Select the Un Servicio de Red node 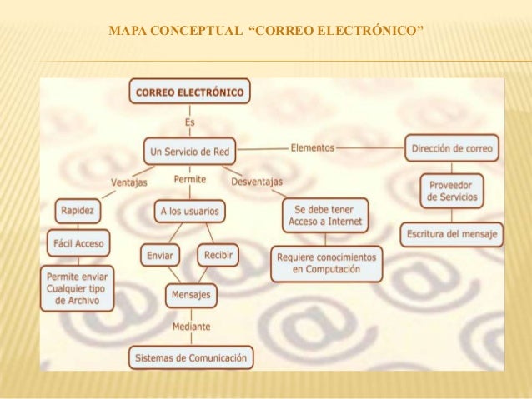pyautogui.click(x=191, y=152)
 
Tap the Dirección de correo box pyautogui.click(x=453, y=149)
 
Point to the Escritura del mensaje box pyautogui.click(x=451, y=234)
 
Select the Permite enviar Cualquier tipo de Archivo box pyautogui.click(x=80, y=287)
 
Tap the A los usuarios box pyautogui.click(x=189, y=212)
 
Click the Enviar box pyautogui.click(x=160, y=255)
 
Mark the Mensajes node pyautogui.click(x=190, y=295)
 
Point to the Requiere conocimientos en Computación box pyautogui.click(x=327, y=263)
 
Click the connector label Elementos pyautogui.click(x=312, y=148)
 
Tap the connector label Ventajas pyautogui.click(x=128, y=182)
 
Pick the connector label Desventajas pyautogui.click(x=256, y=182)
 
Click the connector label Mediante pyautogui.click(x=191, y=327)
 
